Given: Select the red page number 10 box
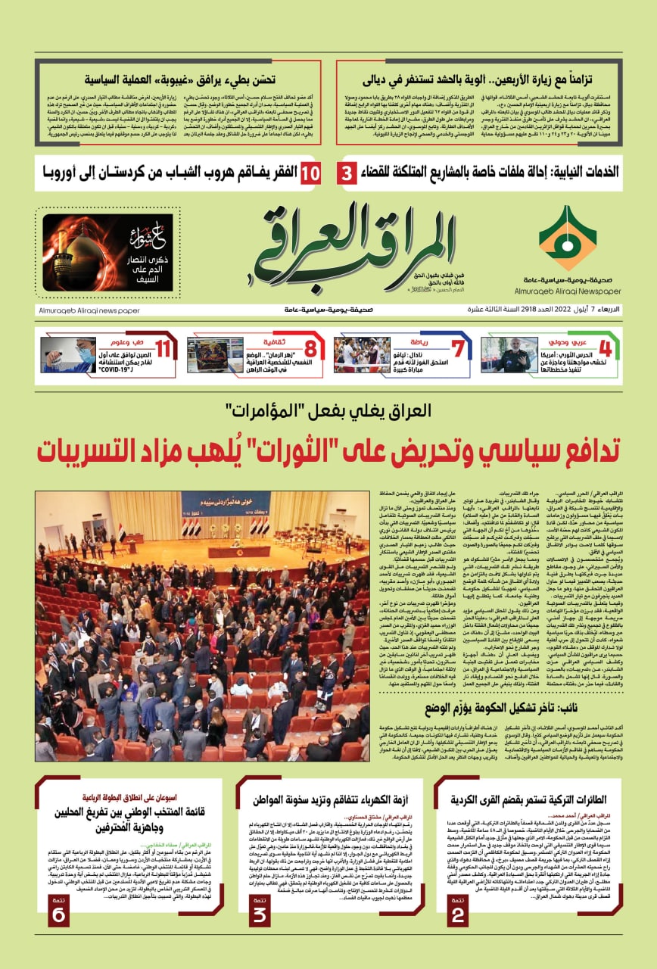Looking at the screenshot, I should pyautogui.click(x=310, y=173).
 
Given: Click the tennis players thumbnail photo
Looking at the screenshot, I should pyautogui.click(x=362, y=354).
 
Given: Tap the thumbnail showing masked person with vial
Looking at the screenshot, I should pyautogui.click(x=68, y=354).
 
